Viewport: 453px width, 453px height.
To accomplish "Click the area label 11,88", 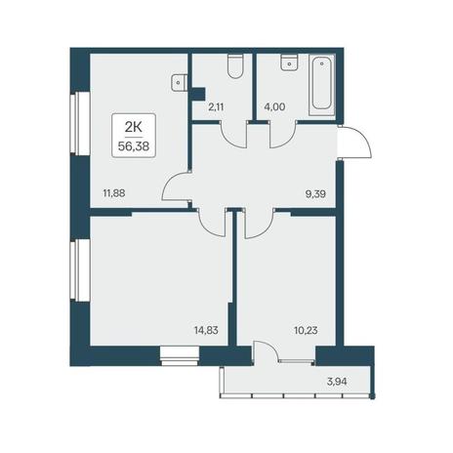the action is tap(114, 193).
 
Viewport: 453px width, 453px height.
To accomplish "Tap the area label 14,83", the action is tap(206, 331).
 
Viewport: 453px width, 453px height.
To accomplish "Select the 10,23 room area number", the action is tap(306, 331).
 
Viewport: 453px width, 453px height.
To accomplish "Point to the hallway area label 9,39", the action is tap(315, 194).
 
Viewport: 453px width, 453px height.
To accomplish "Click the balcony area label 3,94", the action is tap(337, 382).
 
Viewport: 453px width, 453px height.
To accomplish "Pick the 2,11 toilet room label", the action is tap(216, 106).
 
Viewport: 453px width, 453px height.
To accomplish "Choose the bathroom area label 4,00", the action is tap(274, 106).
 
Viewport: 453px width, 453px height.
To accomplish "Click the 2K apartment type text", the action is tap(134, 128).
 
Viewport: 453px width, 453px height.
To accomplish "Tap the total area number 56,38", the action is tap(134, 146).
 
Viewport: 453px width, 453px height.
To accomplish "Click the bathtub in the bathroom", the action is tap(321, 85).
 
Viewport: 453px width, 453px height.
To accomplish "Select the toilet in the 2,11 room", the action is tap(235, 66).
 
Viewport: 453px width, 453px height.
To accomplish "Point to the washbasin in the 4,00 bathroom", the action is tap(290, 62).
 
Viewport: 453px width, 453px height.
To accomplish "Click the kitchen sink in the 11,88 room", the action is tap(180, 82).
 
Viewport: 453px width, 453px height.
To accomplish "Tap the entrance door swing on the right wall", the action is tap(355, 143).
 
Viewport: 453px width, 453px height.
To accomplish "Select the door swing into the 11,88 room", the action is tap(177, 187).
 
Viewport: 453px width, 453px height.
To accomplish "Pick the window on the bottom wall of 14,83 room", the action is tap(180, 355).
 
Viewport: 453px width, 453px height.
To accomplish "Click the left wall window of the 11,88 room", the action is tap(80, 124).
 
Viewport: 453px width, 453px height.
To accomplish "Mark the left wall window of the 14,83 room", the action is tap(80, 270).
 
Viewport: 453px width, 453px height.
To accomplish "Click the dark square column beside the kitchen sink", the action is tap(197, 94).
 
